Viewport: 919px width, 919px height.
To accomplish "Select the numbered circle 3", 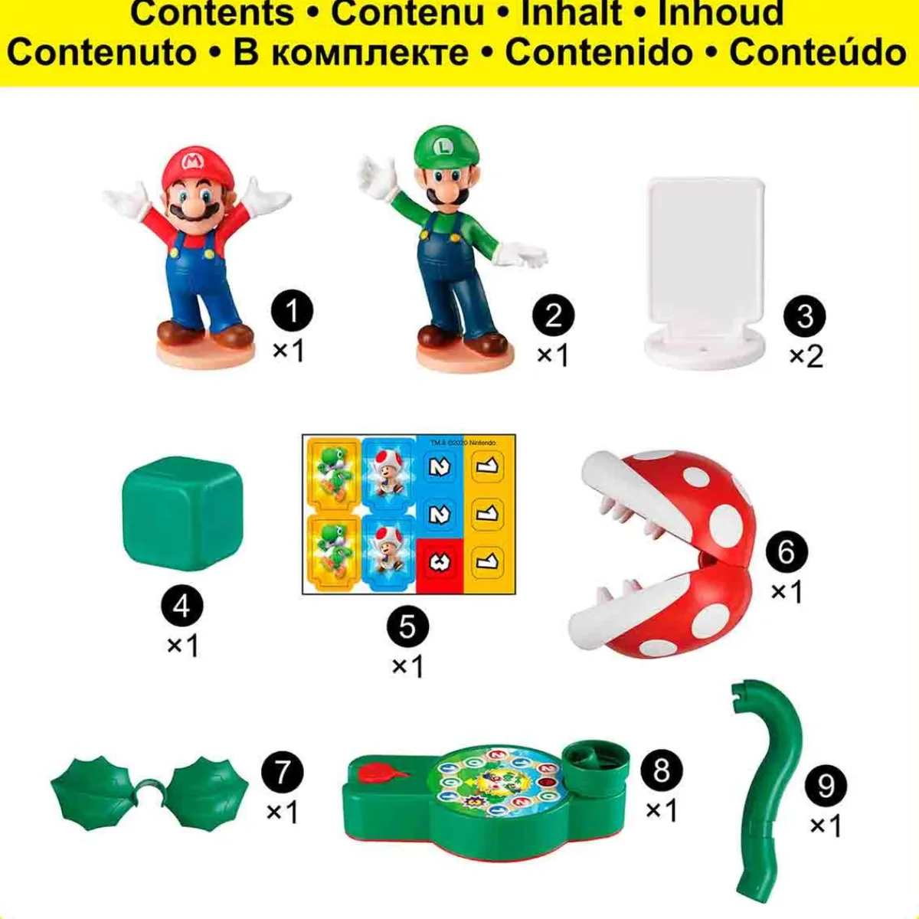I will tap(805, 316).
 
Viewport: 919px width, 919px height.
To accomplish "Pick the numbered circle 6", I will tap(786, 551).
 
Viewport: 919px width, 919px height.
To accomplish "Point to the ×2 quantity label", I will tap(806, 355).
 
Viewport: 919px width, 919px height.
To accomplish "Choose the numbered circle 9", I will tap(826, 785).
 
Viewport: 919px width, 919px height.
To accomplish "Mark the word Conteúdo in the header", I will tap(817, 51).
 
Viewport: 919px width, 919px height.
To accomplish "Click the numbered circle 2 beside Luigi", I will tap(554, 316).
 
